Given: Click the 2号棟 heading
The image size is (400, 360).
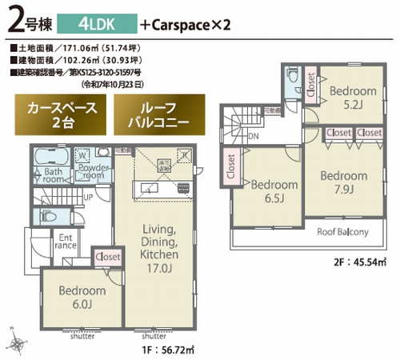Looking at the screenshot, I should (x=26, y=21).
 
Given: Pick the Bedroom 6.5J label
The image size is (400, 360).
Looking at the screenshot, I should (x=272, y=190).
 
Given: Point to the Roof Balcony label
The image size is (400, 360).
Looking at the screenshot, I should (x=342, y=233).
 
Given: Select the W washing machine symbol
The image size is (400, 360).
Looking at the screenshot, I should (x=82, y=155).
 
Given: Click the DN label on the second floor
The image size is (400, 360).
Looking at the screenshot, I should (x=254, y=137).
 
